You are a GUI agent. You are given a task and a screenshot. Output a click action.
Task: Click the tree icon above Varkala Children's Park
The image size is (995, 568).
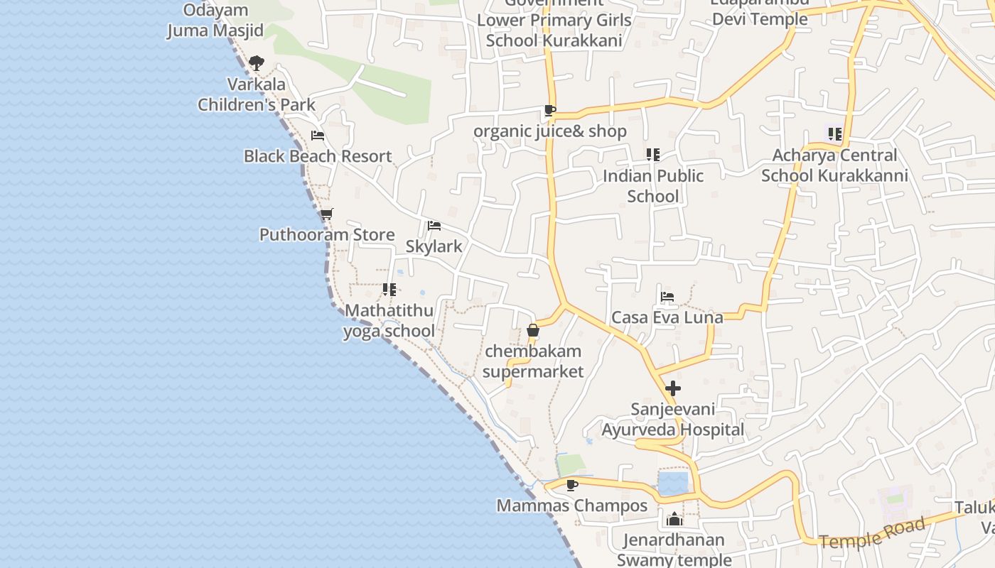[257, 63]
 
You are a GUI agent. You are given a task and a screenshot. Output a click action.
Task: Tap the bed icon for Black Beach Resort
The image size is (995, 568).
[318, 136]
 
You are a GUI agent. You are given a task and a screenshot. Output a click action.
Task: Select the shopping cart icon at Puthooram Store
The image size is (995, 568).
[326, 214]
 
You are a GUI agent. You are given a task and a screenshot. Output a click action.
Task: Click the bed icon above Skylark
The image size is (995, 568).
[434, 226]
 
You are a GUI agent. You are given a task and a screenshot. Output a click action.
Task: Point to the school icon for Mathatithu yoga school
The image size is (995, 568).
[389, 289]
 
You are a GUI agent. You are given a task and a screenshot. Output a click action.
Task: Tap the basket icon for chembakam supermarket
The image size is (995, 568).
[533, 330]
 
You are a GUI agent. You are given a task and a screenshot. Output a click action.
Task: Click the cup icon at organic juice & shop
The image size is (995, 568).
[549, 110]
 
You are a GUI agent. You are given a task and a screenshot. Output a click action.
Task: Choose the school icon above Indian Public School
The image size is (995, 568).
[652, 154]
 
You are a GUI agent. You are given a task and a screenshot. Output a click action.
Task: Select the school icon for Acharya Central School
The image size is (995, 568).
[834, 133]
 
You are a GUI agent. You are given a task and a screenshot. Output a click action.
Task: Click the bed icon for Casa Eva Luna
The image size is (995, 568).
[667, 297]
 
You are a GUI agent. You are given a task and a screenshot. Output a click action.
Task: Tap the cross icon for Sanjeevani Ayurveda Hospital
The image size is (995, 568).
[672, 388]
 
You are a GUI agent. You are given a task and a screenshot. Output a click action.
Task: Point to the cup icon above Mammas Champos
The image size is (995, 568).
[571, 485]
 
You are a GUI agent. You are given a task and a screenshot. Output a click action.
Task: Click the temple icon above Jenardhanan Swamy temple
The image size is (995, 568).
[674, 519]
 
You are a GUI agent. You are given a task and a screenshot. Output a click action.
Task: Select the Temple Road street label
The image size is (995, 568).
[872, 532]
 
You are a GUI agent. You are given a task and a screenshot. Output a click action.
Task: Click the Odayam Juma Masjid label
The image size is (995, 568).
[215, 21]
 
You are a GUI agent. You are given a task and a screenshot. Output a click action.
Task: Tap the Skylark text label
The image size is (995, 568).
[434, 246]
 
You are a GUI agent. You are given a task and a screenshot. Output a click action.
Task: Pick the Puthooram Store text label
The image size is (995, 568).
[327, 234]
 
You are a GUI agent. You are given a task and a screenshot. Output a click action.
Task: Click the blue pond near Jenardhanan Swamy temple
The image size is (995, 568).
[673, 484]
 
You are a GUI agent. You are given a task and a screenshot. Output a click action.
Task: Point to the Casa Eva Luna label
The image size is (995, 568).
[667, 317]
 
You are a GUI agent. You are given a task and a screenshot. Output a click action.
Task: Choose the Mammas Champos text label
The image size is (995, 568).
[571, 506]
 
